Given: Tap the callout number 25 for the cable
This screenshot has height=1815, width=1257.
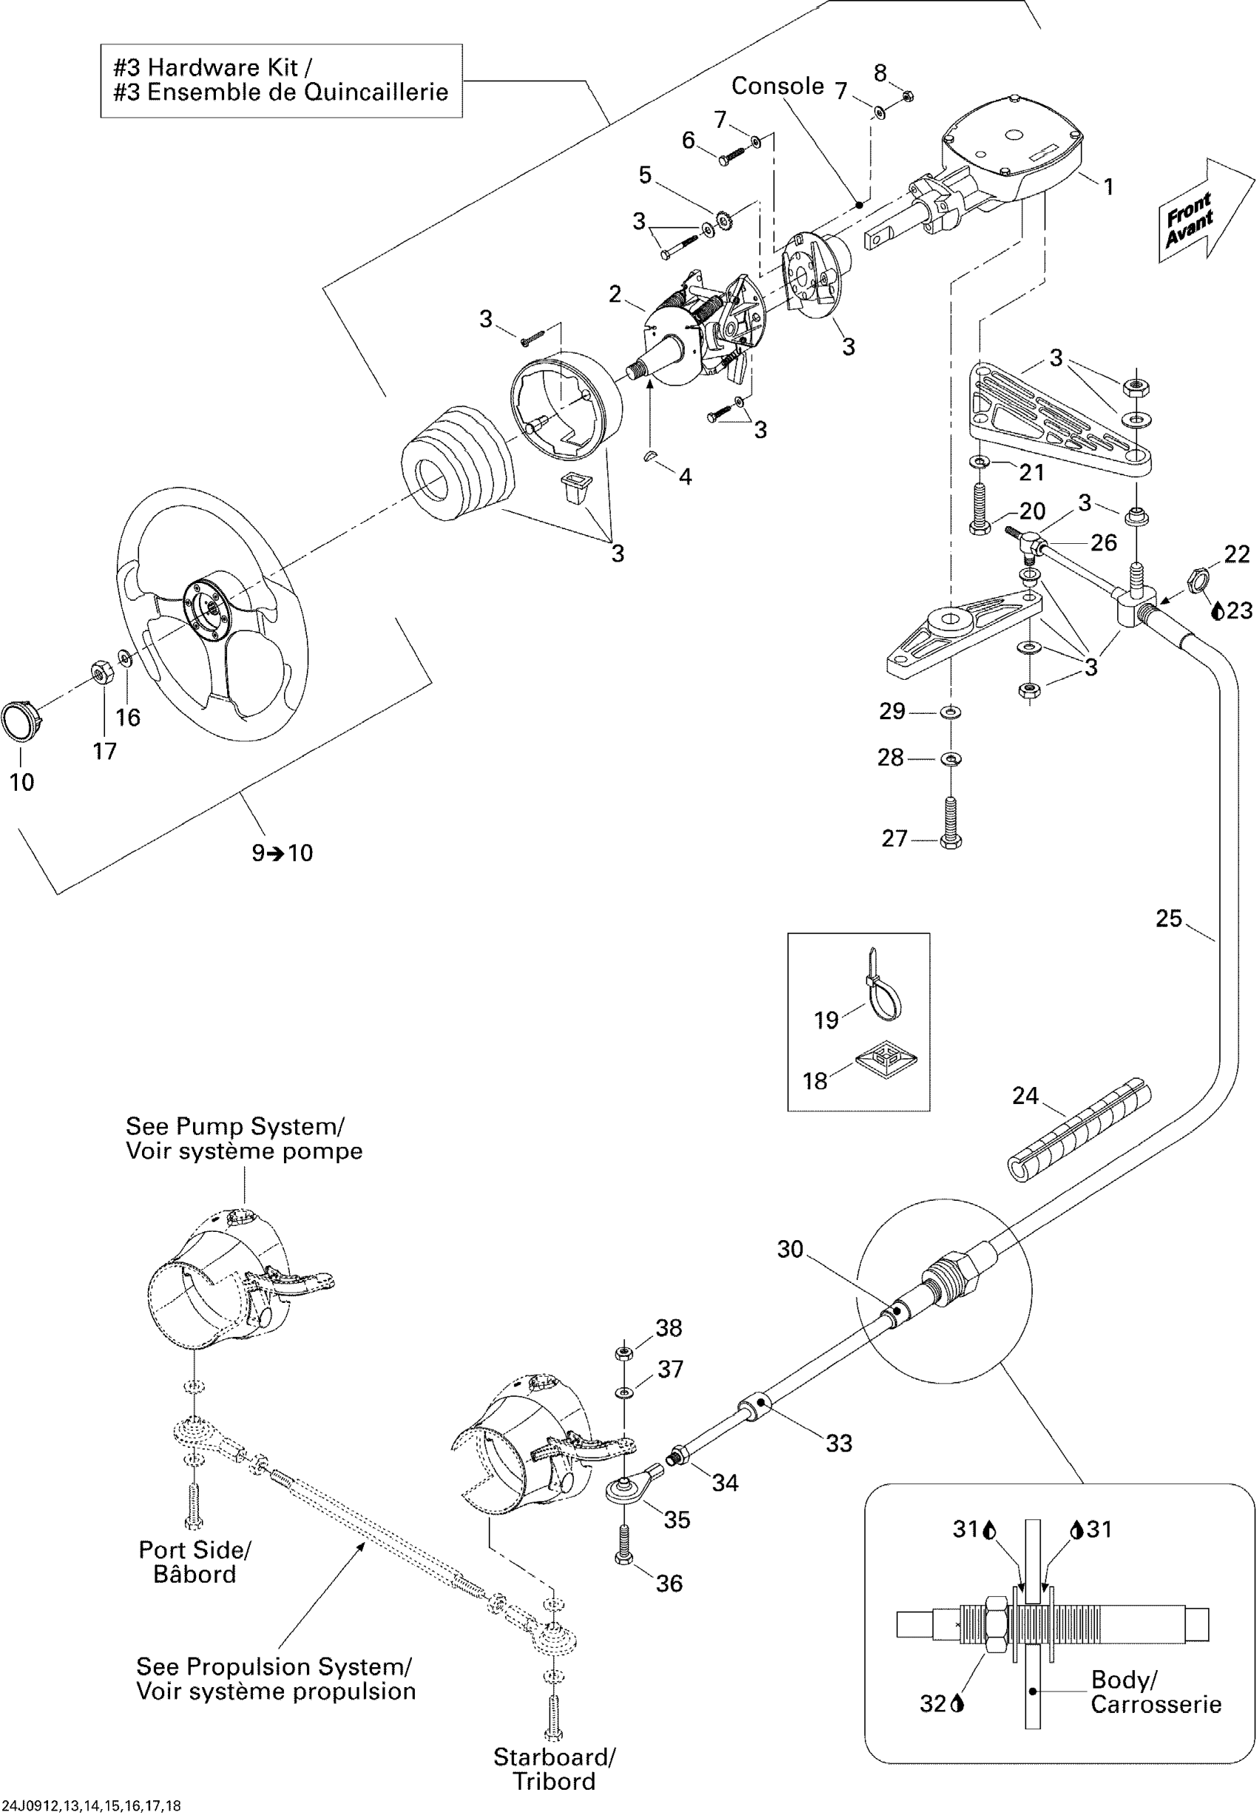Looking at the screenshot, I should (x=1169, y=919).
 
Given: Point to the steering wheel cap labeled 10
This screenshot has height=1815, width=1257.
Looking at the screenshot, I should (x=20, y=718).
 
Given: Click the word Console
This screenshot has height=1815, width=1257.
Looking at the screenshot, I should (x=777, y=86).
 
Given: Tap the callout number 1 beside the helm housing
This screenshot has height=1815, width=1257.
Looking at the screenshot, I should (x=1108, y=186).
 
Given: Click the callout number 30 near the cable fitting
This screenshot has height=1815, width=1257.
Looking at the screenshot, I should (x=790, y=1249).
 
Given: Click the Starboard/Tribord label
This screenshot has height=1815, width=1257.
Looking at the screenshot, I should (x=555, y=1768).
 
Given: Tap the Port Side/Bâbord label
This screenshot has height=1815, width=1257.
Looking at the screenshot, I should (x=194, y=1562).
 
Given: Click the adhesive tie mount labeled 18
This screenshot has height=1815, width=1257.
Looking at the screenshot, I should (x=886, y=1062).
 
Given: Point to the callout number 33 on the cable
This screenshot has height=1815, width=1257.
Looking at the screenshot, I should (x=838, y=1443).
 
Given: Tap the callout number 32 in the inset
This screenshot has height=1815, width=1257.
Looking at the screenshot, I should (x=932, y=1703).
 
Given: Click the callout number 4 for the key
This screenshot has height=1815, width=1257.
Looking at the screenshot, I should (x=685, y=477).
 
